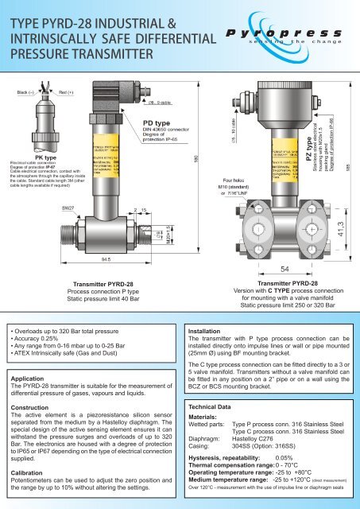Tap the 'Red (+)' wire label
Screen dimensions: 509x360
pos(68,92)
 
